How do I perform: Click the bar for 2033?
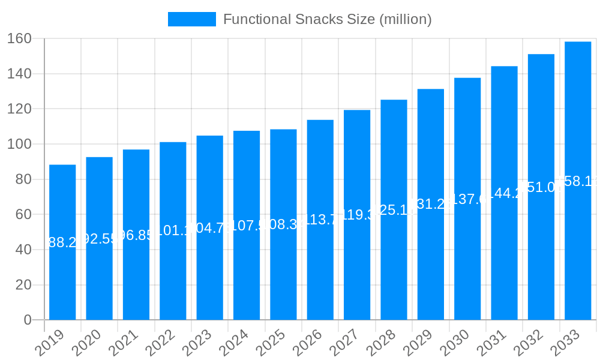[578, 252]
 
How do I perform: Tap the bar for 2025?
[283, 270]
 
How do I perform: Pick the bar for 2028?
[394, 264]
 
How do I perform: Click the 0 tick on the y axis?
[28, 320]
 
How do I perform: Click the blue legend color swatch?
[191, 19]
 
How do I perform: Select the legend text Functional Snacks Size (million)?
[327, 19]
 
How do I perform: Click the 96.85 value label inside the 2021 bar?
[136, 235]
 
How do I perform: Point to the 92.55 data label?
[99, 239]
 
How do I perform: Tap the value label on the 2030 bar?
[467, 199]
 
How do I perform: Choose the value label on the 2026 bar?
[320, 220]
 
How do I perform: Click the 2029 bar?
[431, 264]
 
